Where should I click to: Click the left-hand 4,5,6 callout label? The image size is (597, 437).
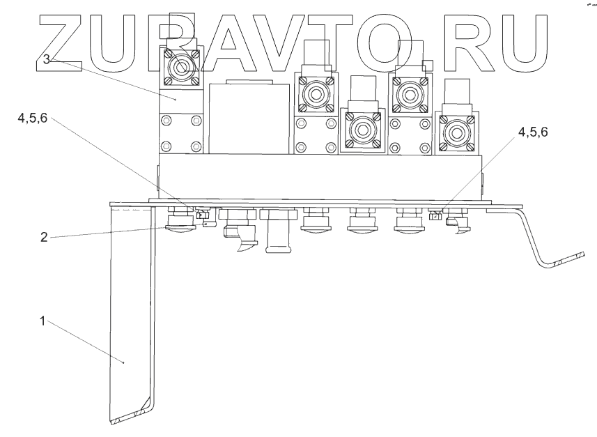[x=33, y=119]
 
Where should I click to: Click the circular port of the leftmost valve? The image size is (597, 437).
[x=181, y=68]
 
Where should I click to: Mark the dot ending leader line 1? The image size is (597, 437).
[x=124, y=363]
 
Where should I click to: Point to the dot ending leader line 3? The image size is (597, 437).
[x=177, y=100]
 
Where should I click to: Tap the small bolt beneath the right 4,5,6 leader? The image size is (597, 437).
[x=437, y=215]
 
